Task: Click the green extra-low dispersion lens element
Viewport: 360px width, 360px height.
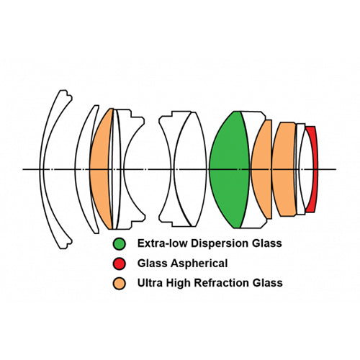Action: pyautogui.click(x=229, y=169)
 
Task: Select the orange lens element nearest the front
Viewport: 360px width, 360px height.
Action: pyautogui.click(x=101, y=169)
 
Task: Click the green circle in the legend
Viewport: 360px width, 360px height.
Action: pyautogui.click(x=120, y=244)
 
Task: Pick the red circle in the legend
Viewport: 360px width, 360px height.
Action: pyautogui.click(x=120, y=264)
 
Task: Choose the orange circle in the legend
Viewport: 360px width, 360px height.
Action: pyautogui.click(x=120, y=283)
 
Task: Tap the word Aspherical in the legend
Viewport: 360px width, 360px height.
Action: pyautogui.click(x=199, y=264)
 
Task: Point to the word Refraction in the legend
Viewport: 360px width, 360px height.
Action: pyautogui.click(x=222, y=283)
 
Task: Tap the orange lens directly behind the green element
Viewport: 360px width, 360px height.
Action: pyautogui.click(x=261, y=169)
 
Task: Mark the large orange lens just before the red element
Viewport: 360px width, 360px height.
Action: pyautogui.click(x=284, y=169)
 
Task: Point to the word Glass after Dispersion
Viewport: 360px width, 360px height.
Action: pyautogui.click(x=267, y=243)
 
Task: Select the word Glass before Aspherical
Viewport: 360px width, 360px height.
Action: pyautogui.click(x=152, y=264)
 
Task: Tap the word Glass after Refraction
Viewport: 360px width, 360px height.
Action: pyautogui.click(x=268, y=283)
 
